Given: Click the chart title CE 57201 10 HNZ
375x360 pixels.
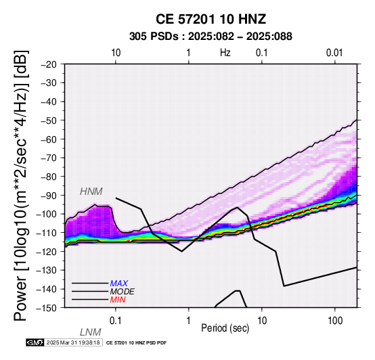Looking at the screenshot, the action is [211, 19].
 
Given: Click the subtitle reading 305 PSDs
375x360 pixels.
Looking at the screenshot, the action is [154, 37].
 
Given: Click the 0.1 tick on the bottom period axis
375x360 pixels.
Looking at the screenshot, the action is [116, 321].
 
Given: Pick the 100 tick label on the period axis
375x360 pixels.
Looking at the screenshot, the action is [335, 321].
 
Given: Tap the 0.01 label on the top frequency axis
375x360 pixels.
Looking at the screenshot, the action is [334, 53].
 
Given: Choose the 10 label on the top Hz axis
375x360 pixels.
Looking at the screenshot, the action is [116, 53].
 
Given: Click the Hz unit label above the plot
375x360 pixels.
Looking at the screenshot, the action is [225, 53].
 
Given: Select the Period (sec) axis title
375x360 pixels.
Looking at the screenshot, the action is [225, 328].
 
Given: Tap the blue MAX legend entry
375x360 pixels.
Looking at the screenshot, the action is [119, 284].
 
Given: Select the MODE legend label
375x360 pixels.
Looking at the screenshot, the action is [123, 292].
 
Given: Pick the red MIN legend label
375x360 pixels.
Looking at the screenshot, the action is [118, 300].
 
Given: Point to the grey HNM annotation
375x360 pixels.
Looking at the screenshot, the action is [91, 192].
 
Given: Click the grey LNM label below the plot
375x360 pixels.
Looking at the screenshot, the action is [91, 332].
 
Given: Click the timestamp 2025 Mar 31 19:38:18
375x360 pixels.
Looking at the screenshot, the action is [73, 343].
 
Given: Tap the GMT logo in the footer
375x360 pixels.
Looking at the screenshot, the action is [35, 343].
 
